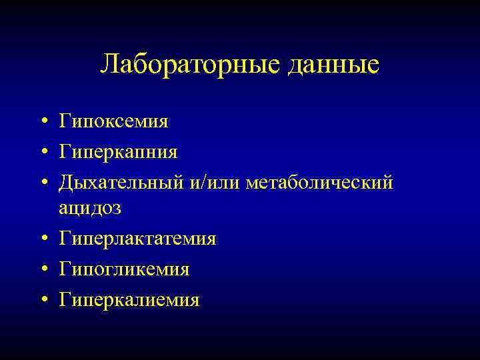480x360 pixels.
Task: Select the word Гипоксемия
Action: [113, 122]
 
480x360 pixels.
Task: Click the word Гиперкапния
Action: [118, 153]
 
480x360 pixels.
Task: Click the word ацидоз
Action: [90, 208]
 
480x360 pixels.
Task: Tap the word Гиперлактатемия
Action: [137, 239]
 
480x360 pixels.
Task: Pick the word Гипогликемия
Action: [124, 269]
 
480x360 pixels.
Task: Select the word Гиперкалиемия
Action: [129, 300]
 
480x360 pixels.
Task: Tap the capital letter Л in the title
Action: [109, 64]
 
